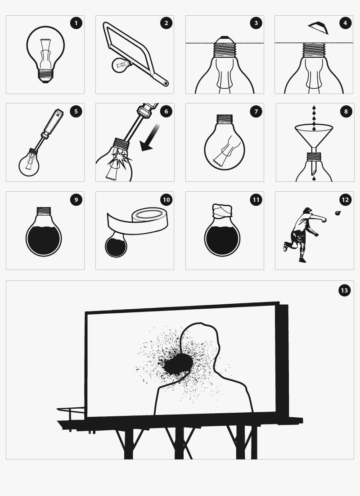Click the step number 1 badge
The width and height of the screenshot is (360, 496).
pyautogui.click(x=76, y=23)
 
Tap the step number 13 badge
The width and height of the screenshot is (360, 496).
pyautogui.click(x=345, y=290)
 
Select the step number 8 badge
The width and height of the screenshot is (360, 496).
pyautogui.click(x=346, y=111)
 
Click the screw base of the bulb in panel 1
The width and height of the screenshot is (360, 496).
pyautogui.click(x=45, y=76)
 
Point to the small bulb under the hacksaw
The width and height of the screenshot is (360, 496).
pyautogui.click(x=122, y=65)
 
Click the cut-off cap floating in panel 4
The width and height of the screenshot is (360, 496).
pyautogui.click(x=318, y=27)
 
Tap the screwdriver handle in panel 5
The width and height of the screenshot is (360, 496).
pyautogui.click(x=53, y=123)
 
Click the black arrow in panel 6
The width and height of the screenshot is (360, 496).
pyautogui.click(x=150, y=137)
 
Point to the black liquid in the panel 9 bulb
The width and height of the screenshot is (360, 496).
pyautogui.click(x=44, y=240)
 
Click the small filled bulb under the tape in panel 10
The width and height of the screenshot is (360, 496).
pyautogui.click(x=116, y=245)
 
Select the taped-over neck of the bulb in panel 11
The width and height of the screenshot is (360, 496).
pyautogui.click(x=222, y=211)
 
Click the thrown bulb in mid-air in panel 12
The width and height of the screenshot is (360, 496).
pyautogui.click(x=338, y=213)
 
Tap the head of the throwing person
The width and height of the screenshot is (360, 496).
pyautogui.click(x=307, y=211)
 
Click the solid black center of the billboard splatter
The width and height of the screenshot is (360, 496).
pyautogui.click(x=178, y=364)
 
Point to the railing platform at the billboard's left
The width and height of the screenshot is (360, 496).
pyautogui.click(x=71, y=413)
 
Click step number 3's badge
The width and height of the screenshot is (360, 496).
pyautogui.click(x=256, y=23)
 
